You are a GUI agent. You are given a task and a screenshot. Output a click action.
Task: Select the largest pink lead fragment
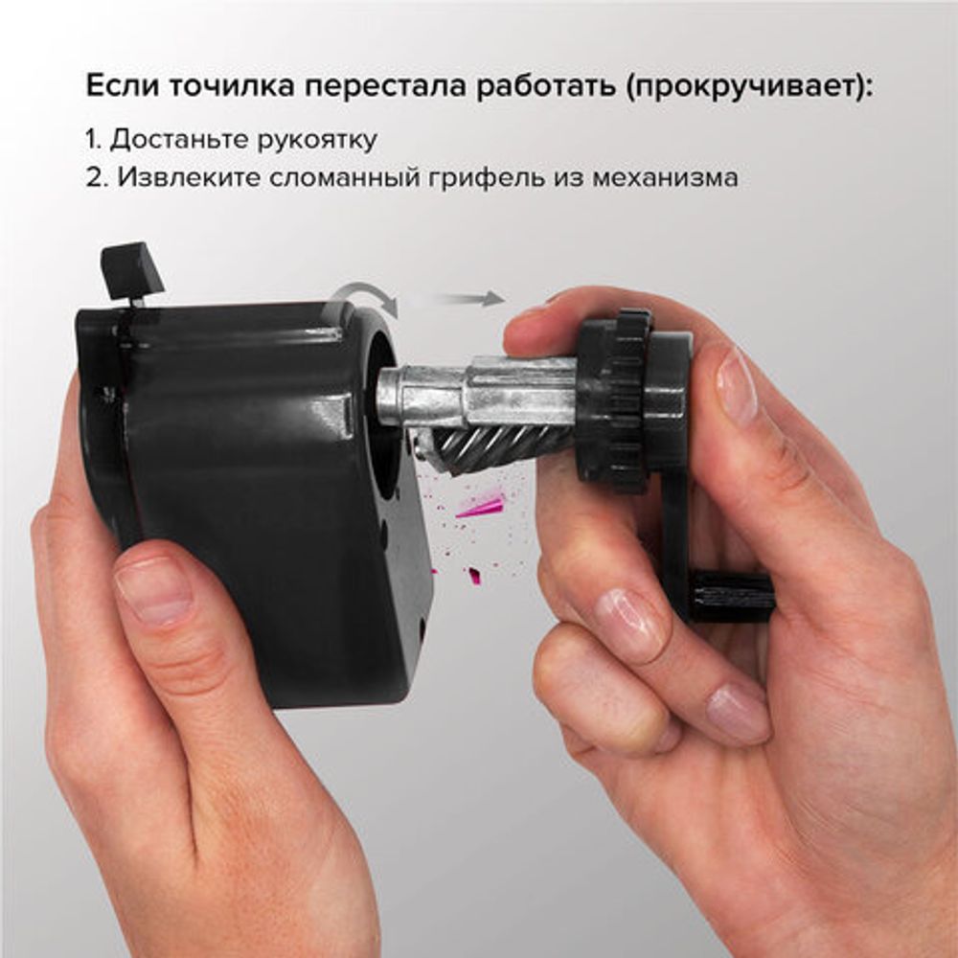(481, 505)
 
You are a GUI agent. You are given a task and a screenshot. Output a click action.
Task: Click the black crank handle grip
(733, 596)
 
